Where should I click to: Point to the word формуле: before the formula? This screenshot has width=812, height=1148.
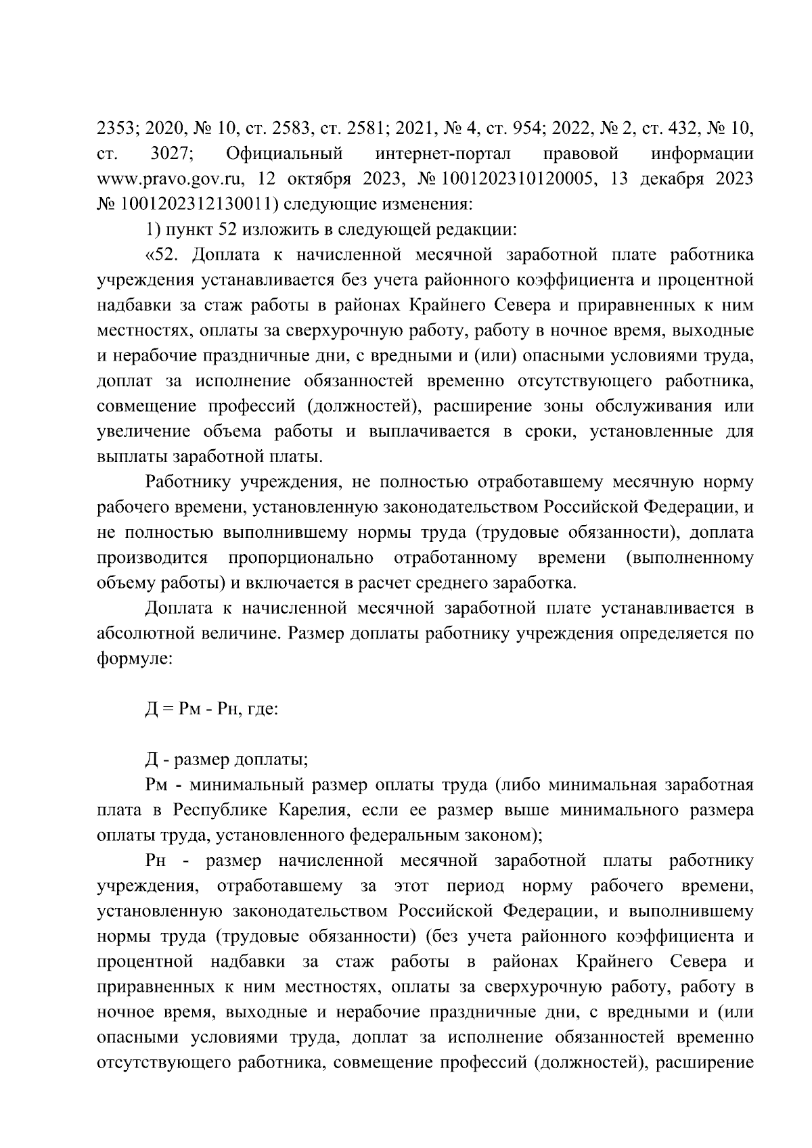click(x=135, y=658)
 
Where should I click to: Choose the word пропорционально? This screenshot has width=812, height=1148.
click(x=301, y=557)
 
